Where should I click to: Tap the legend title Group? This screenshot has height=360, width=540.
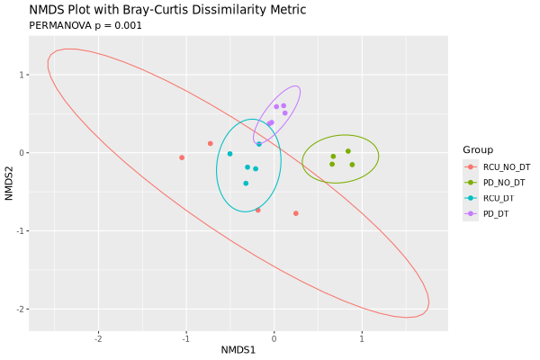(477, 149)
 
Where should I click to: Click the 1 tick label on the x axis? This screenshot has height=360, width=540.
(362, 338)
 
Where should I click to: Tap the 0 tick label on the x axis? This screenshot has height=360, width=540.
(274, 338)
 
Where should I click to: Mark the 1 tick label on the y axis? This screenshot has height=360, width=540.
(22, 75)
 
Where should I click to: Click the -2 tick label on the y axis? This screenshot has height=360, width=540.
(20, 309)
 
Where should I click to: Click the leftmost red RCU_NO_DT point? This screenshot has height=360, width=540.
(182, 157)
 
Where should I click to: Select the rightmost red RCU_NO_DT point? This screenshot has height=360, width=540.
(296, 213)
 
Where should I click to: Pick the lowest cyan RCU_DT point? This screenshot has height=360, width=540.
(246, 184)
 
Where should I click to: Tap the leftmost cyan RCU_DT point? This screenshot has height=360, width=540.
(229, 154)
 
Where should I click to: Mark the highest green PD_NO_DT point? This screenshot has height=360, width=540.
(348, 151)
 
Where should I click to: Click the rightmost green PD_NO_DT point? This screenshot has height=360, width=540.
(352, 165)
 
